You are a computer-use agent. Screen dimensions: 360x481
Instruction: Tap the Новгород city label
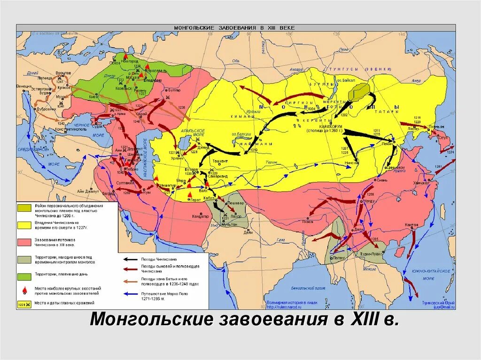point(130,61)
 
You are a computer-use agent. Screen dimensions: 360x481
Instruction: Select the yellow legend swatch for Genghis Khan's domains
point(24,224)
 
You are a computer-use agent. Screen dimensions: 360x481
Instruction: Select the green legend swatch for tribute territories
point(24,273)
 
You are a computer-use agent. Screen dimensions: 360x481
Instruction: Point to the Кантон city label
point(411,225)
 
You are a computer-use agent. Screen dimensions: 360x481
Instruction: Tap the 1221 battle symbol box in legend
point(24,305)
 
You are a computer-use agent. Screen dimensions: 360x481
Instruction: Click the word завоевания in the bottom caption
point(274,320)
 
